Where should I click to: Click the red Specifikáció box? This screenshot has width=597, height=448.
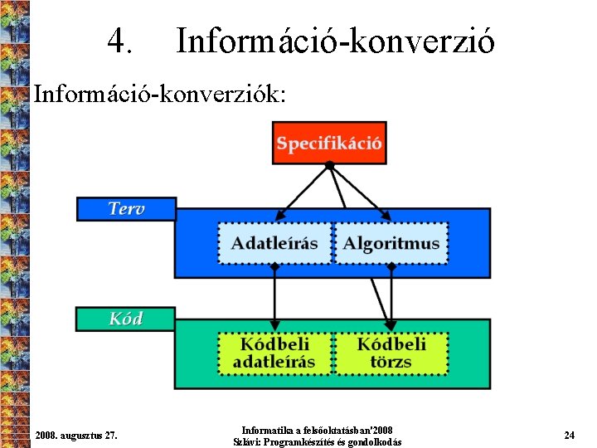click(329, 143)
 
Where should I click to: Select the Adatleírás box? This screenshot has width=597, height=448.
click(274, 243)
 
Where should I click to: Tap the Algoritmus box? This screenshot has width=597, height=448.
click(391, 243)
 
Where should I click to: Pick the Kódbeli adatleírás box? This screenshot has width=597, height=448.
click(274, 353)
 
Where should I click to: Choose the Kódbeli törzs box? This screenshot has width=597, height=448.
click(391, 353)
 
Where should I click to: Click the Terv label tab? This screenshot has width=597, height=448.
click(126, 208)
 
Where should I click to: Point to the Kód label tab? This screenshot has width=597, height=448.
click(126, 319)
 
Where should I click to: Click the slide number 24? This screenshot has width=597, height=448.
click(569, 435)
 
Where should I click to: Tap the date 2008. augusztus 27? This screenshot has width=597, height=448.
click(76, 435)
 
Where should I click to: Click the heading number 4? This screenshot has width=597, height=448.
click(120, 40)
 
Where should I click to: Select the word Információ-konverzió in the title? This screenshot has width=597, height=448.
click(335, 40)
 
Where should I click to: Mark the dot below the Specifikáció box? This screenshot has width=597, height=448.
click(329, 166)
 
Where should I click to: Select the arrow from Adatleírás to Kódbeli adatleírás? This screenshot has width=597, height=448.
click(274, 299)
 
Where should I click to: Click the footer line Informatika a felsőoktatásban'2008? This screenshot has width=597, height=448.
click(318, 430)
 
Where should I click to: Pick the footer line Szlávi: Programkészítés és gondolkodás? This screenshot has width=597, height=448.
click(318, 442)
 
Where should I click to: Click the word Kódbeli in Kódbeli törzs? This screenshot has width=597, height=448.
click(391, 343)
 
